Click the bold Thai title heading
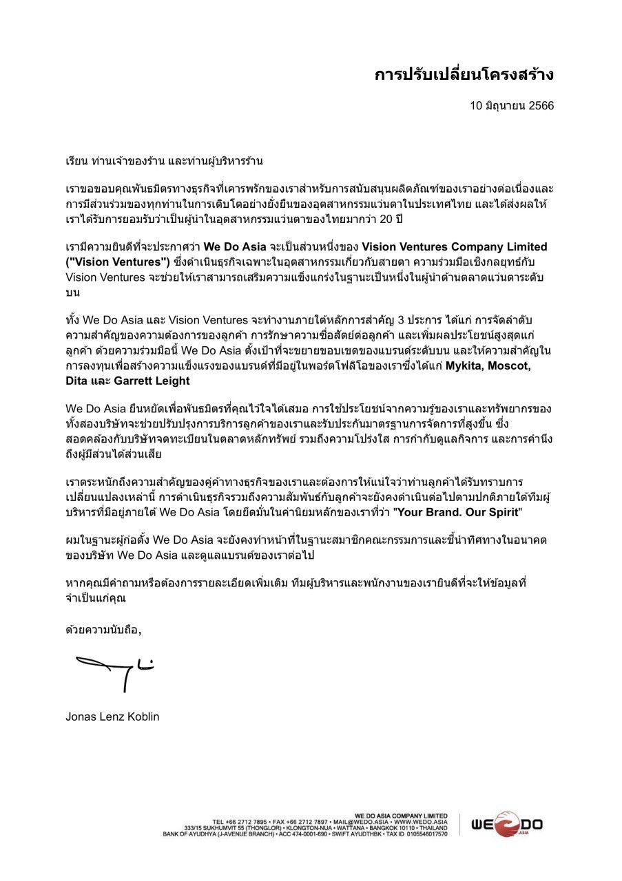[464, 74]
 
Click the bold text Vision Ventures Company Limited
[455, 246]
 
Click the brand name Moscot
[508, 365]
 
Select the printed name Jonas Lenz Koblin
[112, 717]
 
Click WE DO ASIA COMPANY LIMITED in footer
[401, 816]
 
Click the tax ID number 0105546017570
[424, 834]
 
